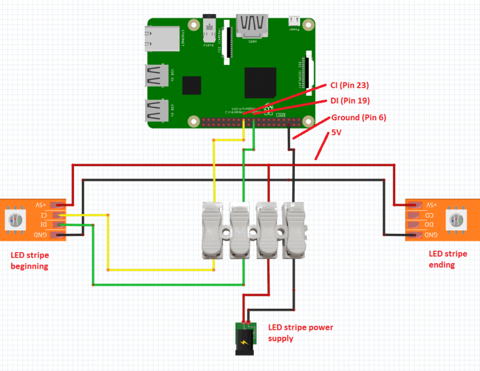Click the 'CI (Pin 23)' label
(x=350, y=85)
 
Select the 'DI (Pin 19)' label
(x=350, y=100)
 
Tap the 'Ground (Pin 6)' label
(x=358, y=117)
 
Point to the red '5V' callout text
(x=336, y=132)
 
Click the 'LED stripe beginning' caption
(x=30, y=261)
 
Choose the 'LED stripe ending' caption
(x=447, y=259)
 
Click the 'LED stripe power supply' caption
(x=300, y=333)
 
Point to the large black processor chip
(x=260, y=82)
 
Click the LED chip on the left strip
(x=15, y=220)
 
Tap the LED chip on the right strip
(x=455, y=219)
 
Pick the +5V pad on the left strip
(x=58, y=205)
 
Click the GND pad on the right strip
(x=414, y=235)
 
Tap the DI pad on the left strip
(x=58, y=225)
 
